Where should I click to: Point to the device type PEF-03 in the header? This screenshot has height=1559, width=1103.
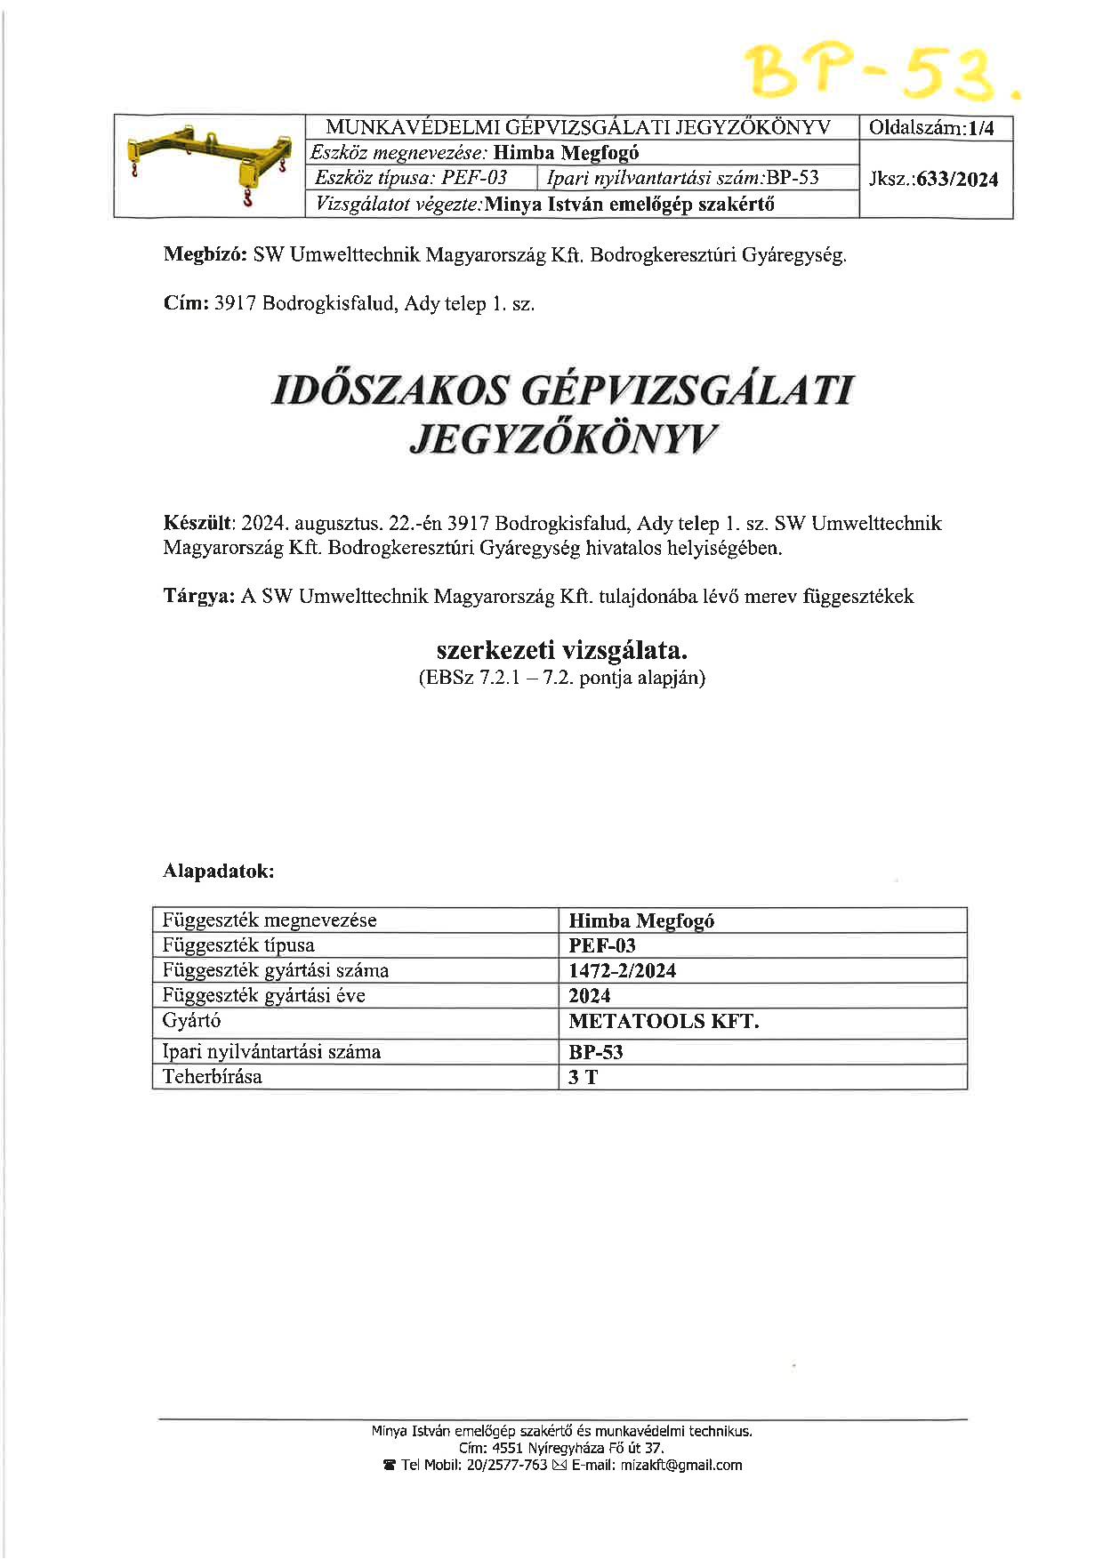click(x=474, y=177)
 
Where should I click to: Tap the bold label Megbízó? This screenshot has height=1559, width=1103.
click(x=205, y=255)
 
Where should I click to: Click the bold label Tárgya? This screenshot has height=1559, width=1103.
click(x=198, y=596)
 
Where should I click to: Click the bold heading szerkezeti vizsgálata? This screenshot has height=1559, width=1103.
click(x=562, y=651)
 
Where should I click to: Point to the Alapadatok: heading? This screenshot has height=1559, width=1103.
click(x=219, y=871)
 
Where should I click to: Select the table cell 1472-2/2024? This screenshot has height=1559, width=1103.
click(x=623, y=970)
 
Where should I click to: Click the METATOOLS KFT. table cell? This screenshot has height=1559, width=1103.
click(x=664, y=1021)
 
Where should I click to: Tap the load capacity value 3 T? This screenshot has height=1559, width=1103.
click(x=584, y=1078)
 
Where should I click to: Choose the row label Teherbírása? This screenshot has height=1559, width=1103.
click(x=213, y=1077)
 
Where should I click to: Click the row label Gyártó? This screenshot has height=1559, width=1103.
click(x=192, y=1021)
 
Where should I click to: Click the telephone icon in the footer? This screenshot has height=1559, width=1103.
click(x=389, y=1465)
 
